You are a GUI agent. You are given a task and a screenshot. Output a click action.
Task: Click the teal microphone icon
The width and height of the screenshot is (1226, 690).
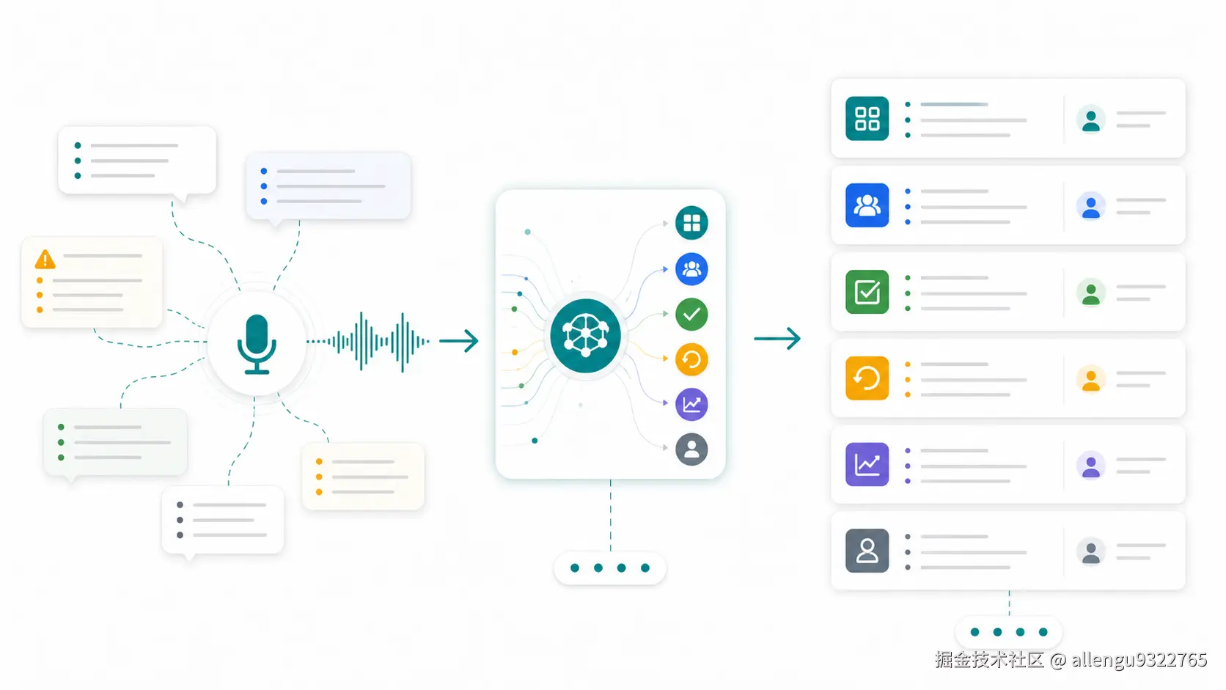pos(256,344)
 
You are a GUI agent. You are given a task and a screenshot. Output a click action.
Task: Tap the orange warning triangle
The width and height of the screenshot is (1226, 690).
pos(45,260)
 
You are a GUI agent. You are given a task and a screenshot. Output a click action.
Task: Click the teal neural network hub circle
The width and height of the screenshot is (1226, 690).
pos(585,335)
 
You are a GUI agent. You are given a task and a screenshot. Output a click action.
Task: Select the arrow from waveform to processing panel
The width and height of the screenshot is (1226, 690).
pos(459,341)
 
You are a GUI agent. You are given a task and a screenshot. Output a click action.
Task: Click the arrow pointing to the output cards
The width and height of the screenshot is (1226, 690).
pos(777,339)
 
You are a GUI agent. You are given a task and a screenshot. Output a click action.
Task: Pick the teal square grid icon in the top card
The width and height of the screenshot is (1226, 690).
pos(867,118)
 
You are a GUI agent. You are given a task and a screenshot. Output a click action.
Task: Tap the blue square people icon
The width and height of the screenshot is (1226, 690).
pos(867,205)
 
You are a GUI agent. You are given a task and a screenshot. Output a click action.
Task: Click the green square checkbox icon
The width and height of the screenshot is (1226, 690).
pos(867,292)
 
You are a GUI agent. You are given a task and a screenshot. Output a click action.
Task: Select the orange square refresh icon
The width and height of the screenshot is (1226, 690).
pos(867,378)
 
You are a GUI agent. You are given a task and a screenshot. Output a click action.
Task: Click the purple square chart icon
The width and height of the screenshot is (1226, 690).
pos(867,465)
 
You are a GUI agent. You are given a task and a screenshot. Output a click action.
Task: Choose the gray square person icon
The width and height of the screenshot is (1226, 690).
pos(867,551)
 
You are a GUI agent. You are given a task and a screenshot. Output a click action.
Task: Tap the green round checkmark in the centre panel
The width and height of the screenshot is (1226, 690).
pos(691,314)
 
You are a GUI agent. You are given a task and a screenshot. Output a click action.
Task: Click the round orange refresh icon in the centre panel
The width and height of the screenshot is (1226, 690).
pos(691,359)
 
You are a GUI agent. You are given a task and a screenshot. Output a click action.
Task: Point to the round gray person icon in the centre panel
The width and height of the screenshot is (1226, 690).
pos(691,449)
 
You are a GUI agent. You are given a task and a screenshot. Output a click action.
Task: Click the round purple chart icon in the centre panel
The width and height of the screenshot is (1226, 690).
pos(691,404)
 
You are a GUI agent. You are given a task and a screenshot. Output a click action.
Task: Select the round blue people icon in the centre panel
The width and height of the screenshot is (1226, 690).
pos(691,268)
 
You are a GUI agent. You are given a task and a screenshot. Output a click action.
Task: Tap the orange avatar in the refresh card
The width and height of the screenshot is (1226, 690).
pos(1091,379)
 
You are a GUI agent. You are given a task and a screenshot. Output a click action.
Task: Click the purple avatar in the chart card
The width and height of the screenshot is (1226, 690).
pos(1091,466)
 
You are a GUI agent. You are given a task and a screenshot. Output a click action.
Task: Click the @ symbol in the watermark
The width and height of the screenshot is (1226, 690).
pos(1058,660)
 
